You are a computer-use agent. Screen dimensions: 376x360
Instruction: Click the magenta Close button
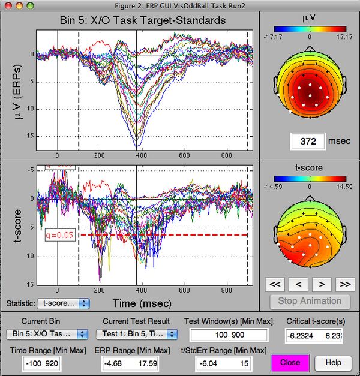[290, 362]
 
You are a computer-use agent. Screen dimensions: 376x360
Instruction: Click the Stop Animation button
[306, 301]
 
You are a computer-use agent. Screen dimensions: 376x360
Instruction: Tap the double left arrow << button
[275, 284]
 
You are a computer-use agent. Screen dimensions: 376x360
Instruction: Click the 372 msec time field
[307, 142]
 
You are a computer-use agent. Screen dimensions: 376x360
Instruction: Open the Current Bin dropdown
[47, 334]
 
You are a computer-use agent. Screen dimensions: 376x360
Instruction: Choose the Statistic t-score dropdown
[63, 303]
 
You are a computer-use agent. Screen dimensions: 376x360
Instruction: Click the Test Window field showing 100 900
[229, 335]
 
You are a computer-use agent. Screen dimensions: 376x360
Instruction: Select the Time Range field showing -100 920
[46, 362]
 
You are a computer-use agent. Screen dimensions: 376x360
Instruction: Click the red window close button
[7, 5]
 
